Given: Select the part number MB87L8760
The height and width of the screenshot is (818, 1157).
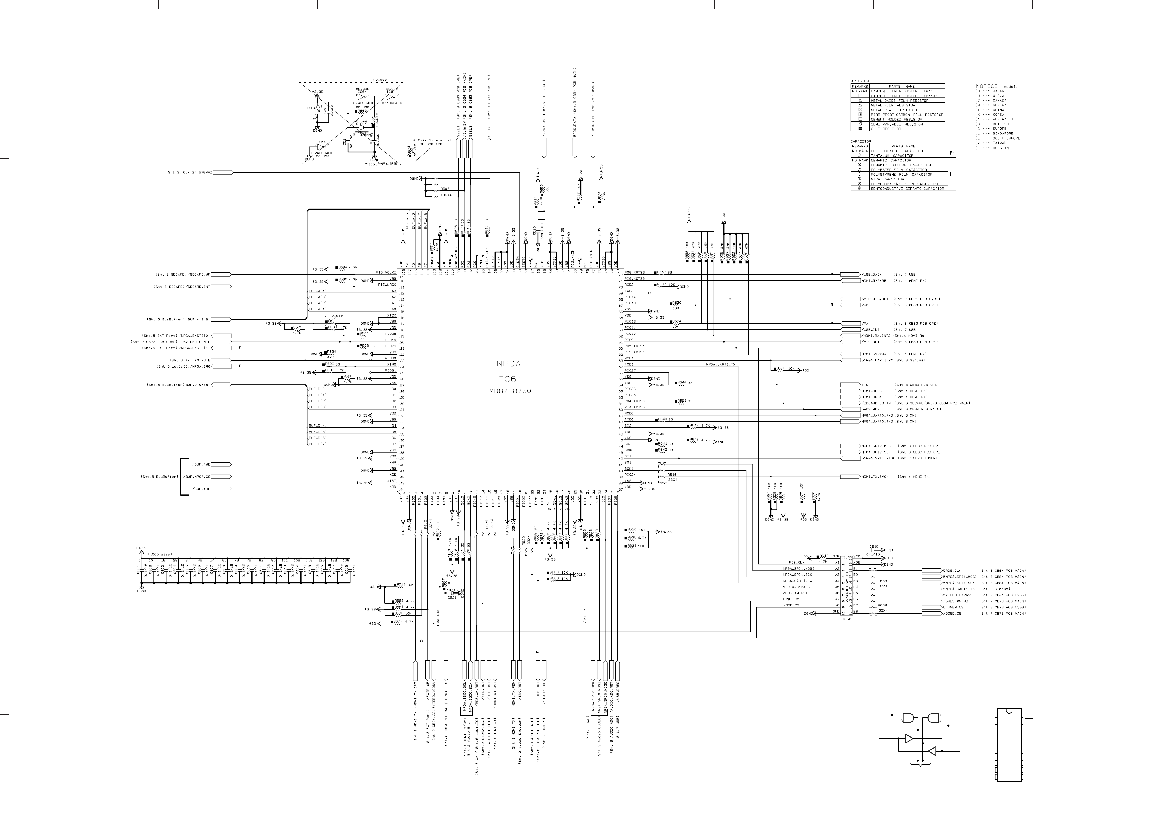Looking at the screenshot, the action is (510, 391).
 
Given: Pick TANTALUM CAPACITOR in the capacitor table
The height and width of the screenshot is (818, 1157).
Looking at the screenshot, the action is (892, 156).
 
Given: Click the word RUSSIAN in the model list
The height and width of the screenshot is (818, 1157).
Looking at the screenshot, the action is (1001, 148).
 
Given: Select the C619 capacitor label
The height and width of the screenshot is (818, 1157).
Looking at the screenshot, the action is (874, 547).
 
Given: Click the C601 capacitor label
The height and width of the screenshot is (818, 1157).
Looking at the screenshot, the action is (138, 569).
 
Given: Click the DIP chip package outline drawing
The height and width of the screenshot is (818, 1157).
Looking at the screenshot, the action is (1009, 744).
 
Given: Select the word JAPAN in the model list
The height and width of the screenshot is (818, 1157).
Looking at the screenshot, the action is (998, 91).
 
